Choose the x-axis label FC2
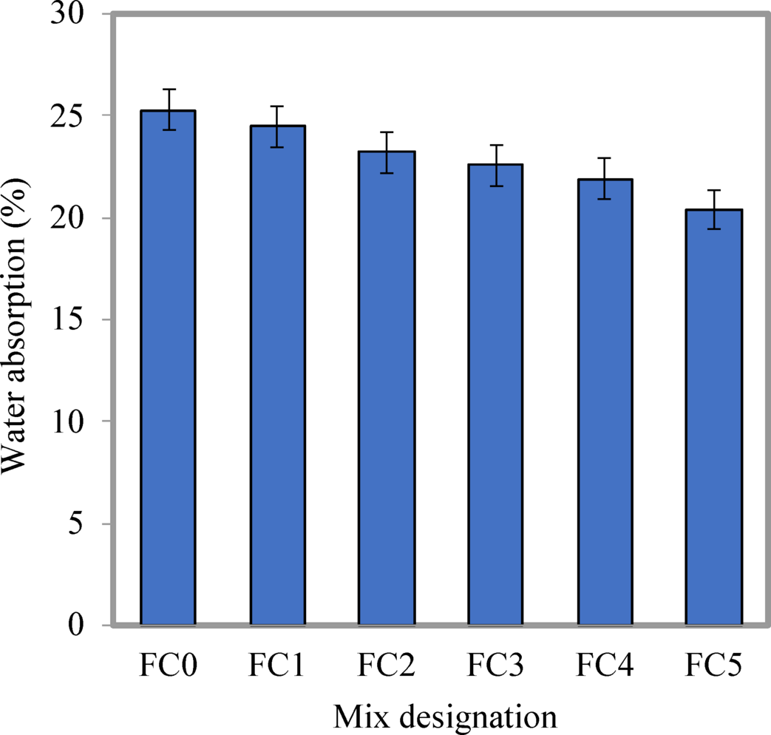pyautogui.click(x=386, y=666)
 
